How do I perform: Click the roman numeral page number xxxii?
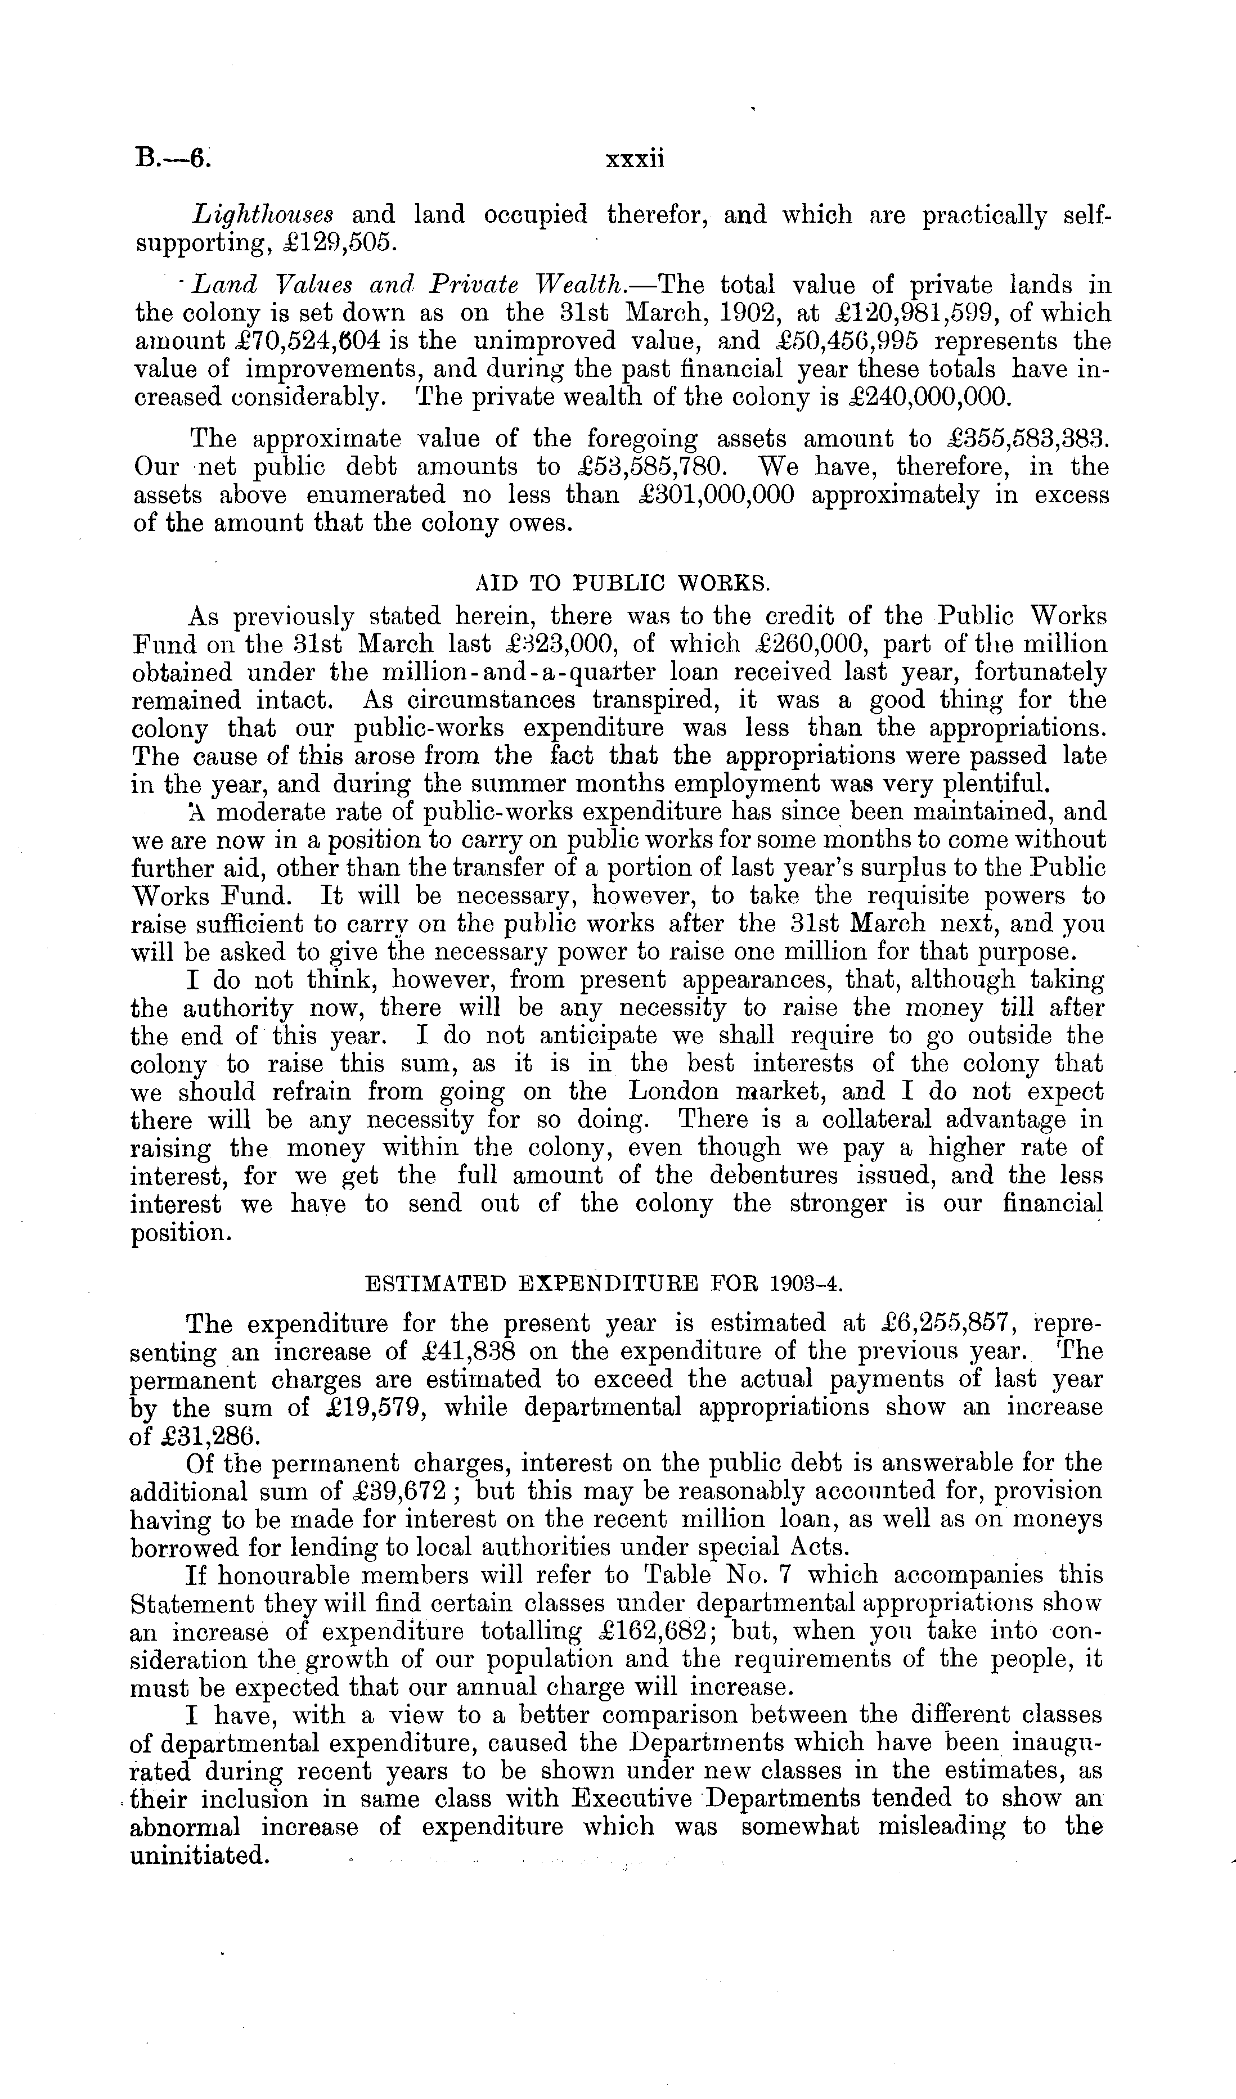(x=635, y=157)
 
